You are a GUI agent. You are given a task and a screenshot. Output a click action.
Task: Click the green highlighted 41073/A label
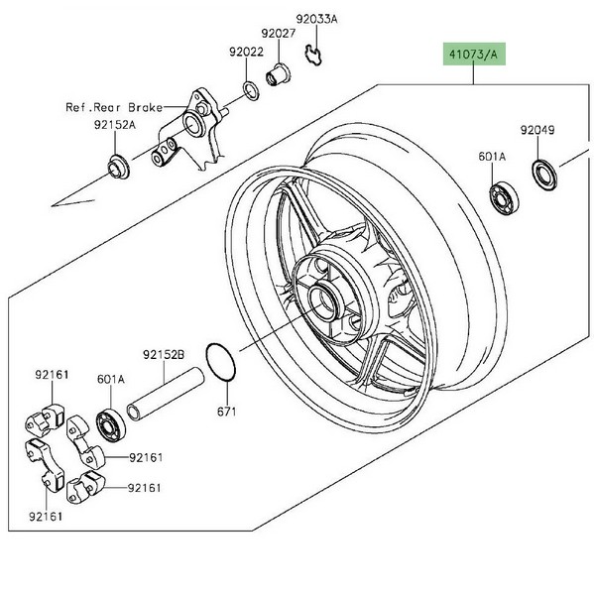tap(474, 54)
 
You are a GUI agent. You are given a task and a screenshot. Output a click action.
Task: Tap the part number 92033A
tap(316, 19)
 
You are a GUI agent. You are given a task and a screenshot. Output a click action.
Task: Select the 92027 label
tap(279, 34)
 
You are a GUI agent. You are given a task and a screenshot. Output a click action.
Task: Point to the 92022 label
tap(246, 52)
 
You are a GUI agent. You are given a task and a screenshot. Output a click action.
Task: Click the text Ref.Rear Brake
tap(114, 107)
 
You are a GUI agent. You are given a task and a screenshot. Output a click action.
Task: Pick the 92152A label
tap(115, 125)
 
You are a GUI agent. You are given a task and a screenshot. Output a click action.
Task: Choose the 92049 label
tap(537, 130)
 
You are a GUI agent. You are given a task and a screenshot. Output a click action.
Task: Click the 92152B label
tap(164, 354)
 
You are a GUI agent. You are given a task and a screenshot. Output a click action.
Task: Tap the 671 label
tap(227, 412)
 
